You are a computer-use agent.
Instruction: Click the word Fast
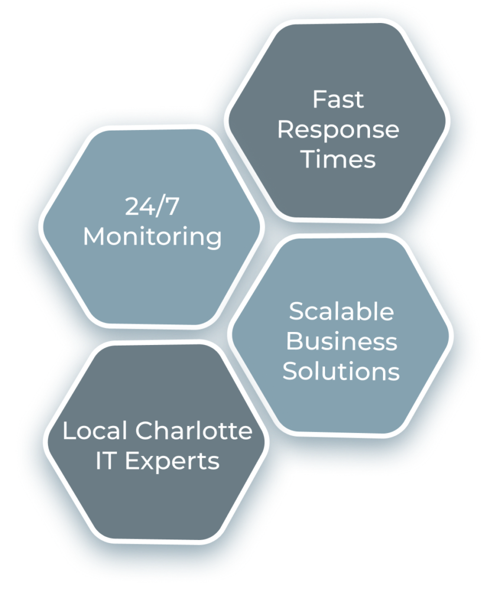[x=338, y=99]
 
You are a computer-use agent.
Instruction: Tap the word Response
[x=338, y=131]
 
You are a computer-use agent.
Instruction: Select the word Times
[x=338, y=159]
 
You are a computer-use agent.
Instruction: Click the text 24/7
[x=152, y=206]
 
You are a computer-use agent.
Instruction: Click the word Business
[x=342, y=341]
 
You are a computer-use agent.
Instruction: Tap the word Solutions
[x=342, y=371]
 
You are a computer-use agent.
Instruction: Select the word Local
[x=95, y=431]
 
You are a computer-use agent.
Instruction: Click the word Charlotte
[x=194, y=431]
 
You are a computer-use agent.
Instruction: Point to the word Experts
[x=172, y=462]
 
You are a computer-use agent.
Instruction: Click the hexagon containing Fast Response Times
[x=337, y=121]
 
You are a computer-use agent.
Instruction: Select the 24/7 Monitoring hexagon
[x=151, y=227]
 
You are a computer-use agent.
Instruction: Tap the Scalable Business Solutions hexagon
[x=340, y=335]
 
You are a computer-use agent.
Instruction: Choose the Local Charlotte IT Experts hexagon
[x=156, y=442]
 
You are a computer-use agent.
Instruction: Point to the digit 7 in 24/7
[x=171, y=206]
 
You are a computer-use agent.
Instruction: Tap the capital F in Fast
[x=319, y=99]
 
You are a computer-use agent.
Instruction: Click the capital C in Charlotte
[x=144, y=431]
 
